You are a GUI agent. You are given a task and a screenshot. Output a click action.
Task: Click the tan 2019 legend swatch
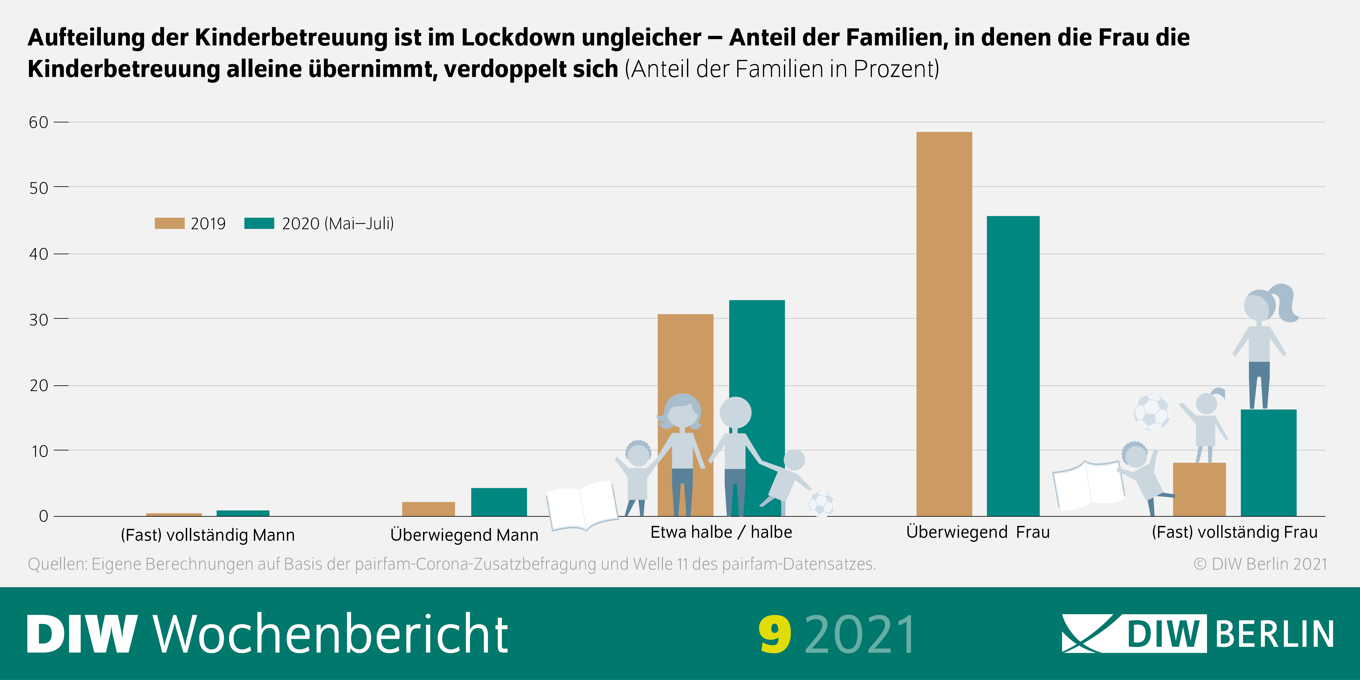click(x=170, y=223)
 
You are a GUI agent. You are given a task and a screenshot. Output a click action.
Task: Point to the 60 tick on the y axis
click(x=39, y=123)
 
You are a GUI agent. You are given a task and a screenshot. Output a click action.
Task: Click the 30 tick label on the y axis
click(x=39, y=319)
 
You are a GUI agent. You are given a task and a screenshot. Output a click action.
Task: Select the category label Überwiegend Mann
click(x=464, y=535)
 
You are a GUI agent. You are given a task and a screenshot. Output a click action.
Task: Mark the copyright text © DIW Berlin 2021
click(x=1260, y=564)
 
